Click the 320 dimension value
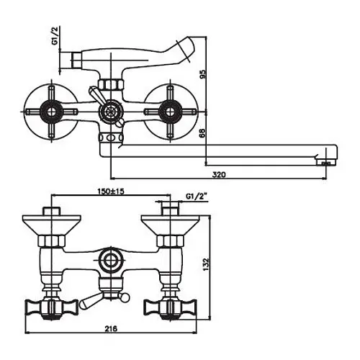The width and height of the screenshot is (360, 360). (219, 174)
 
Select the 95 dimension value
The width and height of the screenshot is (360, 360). (203, 73)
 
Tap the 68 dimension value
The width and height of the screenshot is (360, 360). (203, 133)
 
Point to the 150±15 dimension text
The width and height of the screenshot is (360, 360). (111, 192)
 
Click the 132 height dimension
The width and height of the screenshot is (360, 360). (206, 264)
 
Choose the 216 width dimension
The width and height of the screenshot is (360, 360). (111, 328)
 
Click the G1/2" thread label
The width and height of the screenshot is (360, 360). (197, 197)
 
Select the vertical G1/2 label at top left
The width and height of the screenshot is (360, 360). (55, 36)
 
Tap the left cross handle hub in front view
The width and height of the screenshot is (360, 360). (51, 111)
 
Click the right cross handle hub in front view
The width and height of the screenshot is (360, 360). (170, 111)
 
